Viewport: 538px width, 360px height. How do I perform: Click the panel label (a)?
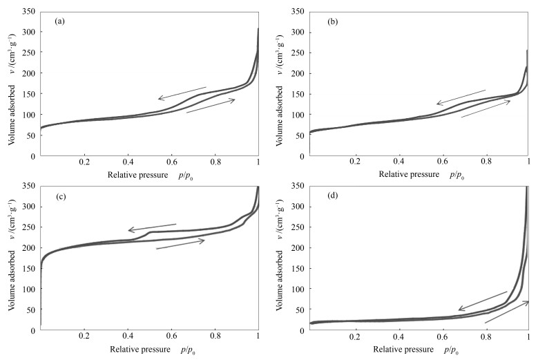pyautogui.click(x=60, y=21)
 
